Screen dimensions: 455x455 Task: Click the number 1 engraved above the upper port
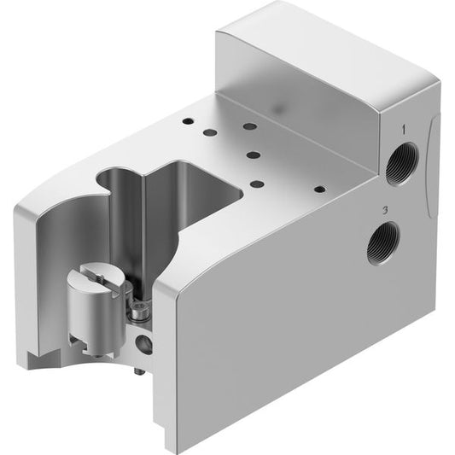[x=403, y=130]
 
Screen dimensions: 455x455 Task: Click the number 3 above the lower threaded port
[x=385, y=210]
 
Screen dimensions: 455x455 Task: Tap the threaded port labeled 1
[x=402, y=163]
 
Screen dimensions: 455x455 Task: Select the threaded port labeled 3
[x=382, y=242]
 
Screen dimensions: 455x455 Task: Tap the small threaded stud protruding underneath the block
[x=138, y=371]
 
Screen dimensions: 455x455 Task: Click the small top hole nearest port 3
[x=320, y=190]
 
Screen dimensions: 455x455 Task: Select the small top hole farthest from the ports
[x=188, y=120]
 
